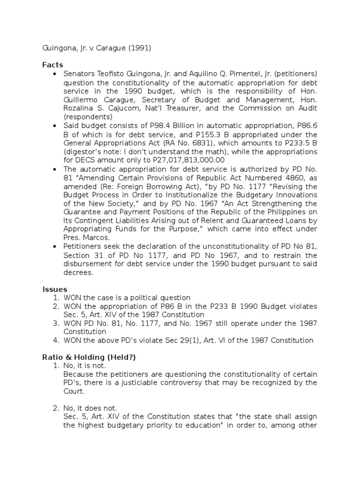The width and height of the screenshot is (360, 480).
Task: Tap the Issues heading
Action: (55, 289)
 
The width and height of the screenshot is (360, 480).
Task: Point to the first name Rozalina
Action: (80, 108)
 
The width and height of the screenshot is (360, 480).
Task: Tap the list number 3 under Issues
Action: (55, 323)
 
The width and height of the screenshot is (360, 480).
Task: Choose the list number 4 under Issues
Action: (55, 340)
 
